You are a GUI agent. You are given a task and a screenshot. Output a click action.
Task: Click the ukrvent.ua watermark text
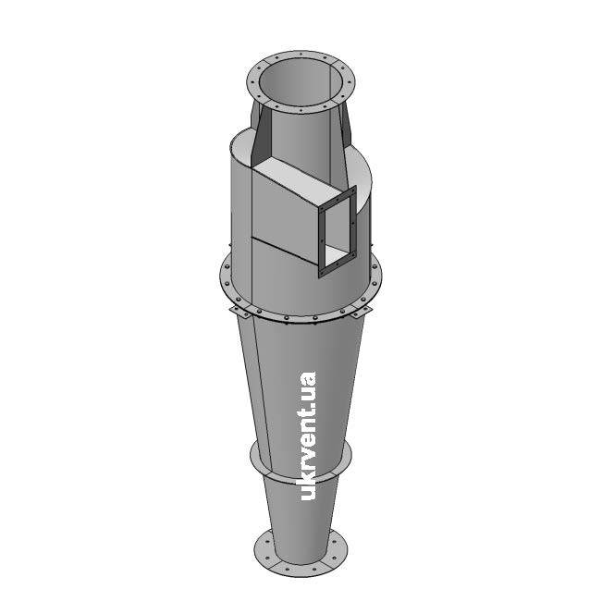pyautogui.click(x=308, y=436)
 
